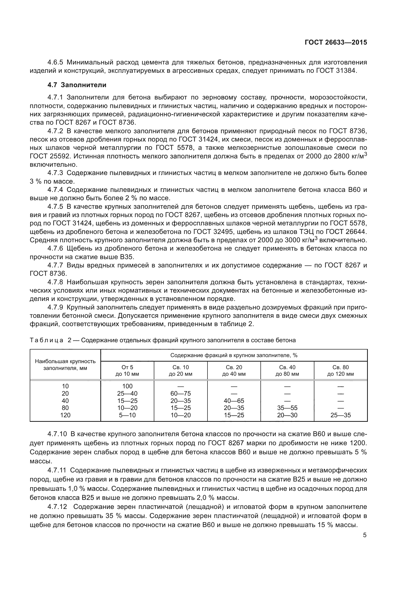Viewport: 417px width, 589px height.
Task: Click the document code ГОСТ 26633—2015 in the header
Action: point(336,43)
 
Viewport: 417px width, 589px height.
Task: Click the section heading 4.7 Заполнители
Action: point(77,85)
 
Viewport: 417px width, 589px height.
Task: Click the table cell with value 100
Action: point(127,386)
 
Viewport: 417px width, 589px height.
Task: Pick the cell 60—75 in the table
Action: point(181,394)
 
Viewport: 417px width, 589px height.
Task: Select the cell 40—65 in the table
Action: point(234,401)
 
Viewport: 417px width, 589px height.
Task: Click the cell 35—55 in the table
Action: point(287,408)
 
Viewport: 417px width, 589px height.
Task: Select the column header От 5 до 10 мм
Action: point(127,370)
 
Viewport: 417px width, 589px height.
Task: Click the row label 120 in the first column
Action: point(65,415)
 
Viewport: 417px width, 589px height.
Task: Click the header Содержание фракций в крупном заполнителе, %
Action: point(234,355)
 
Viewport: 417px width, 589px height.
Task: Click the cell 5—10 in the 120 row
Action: point(127,415)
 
